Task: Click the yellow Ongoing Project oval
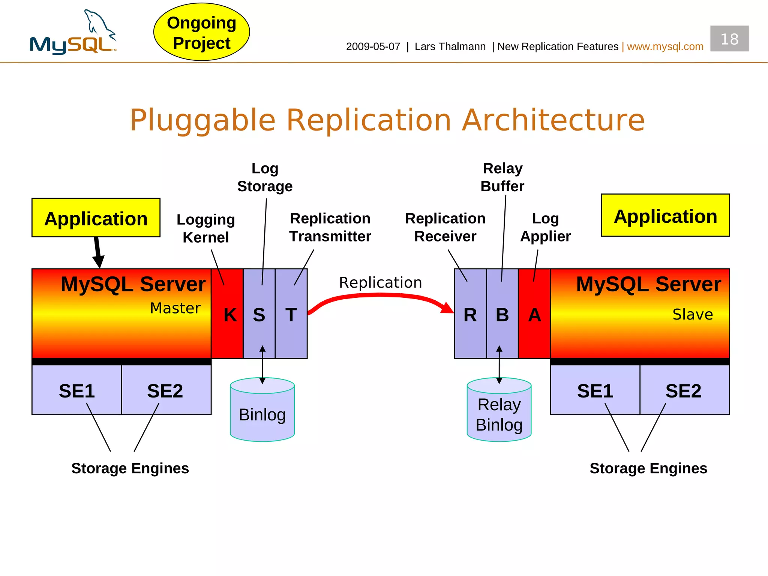coord(201,32)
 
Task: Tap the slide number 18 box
coord(729,39)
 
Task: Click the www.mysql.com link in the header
coord(665,46)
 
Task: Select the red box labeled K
coord(227,313)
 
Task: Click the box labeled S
coord(259,313)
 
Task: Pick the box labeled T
coord(291,313)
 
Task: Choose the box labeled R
coord(470,313)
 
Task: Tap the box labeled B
coord(502,313)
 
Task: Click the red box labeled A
coord(534,313)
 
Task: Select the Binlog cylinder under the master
coord(262,412)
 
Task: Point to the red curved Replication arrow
coord(379,296)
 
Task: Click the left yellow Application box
coord(96,218)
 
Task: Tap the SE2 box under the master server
coord(166,390)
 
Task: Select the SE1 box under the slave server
coord(595,390)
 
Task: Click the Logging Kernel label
coord(205,228)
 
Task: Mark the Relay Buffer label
coord(502,177)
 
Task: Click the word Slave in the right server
coord(692,314)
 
